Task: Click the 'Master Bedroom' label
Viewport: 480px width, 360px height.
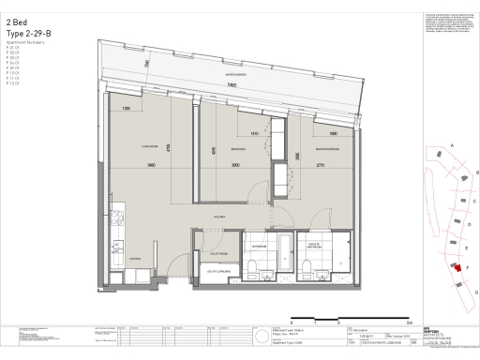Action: coord(327,148)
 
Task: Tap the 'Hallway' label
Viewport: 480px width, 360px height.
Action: coord(221,217)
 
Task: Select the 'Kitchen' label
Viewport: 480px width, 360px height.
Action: coord(134,256)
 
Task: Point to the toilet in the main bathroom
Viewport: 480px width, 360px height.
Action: coord(255,269)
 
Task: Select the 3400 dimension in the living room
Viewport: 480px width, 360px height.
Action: coord(150,165)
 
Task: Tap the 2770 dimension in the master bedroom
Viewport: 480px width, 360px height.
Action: coord(321,165)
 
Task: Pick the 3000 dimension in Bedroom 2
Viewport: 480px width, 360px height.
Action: coord(236,165)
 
